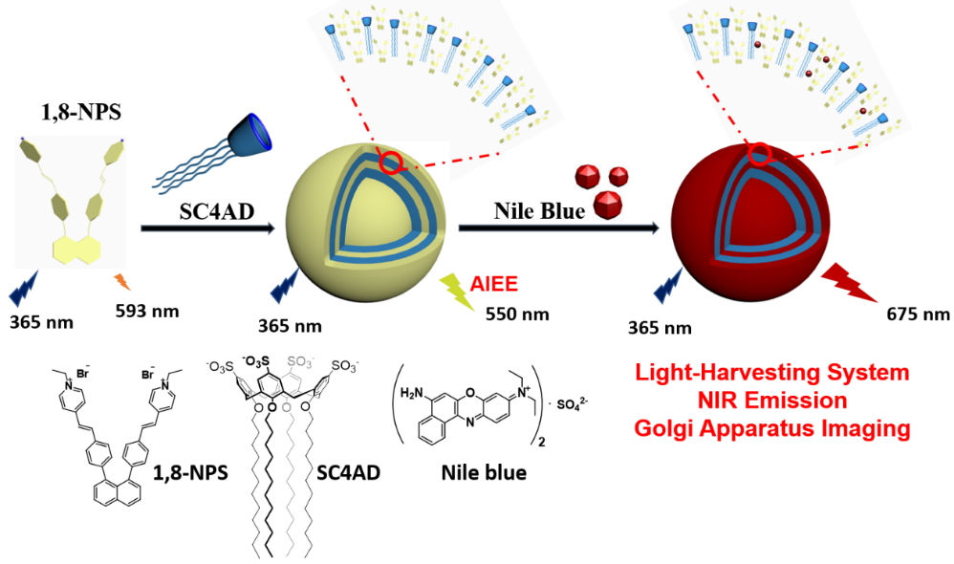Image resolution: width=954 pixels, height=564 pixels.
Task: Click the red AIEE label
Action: pos(494,284)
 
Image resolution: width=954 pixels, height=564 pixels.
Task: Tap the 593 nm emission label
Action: pos(147,312)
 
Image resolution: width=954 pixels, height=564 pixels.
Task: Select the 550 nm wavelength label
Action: pos(517,315)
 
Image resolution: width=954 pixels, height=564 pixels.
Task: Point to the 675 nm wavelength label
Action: pos(918,315)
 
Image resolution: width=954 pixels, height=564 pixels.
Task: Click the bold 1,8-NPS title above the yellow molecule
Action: pos(81,112)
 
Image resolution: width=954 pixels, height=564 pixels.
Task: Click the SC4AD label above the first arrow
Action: pos(217,211)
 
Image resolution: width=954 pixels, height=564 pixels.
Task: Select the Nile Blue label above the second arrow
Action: pos(539,211)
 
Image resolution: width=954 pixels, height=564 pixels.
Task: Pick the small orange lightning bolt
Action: pos(122,282)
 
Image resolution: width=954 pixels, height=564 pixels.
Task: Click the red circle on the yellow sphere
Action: pos(390,163)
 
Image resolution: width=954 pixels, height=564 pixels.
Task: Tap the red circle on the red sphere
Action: pos(759,154)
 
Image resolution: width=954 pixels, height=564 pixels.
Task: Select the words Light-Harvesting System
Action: pos(772,373)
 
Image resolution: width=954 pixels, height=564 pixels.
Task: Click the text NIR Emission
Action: pos(772,401)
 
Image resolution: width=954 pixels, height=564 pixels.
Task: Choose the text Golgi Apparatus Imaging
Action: pos(772,429)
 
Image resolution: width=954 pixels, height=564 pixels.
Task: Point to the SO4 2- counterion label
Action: pos(574,403)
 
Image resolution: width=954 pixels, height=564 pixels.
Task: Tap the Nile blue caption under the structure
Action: pos(484,473)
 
